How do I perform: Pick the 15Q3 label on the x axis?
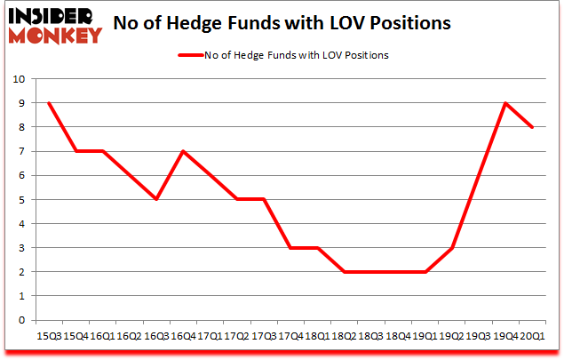click(x=50, y=336)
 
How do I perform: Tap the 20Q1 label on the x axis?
click(x=532, y=336)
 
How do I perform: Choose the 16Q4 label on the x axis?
click(x=184, y=336)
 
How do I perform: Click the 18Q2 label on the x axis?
click(x=345, y=336)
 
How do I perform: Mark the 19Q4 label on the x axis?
click(x=505, y=336)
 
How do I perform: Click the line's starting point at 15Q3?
click(x=50, y=103)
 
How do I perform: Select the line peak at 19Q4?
click(x=505, y=103)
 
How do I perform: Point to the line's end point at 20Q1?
click(x=532, y=127)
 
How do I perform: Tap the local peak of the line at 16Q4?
click(x=184, y=151)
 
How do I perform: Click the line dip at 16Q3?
click(x=157, y=199)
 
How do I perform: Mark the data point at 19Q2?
click(x=452, y=248)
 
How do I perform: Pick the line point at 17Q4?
click(x=291, y=248)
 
